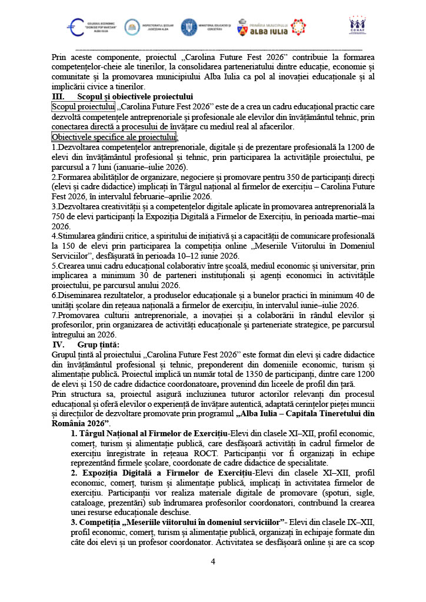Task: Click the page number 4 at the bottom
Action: point(213,561)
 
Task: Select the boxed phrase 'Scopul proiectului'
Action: point(83,106)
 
